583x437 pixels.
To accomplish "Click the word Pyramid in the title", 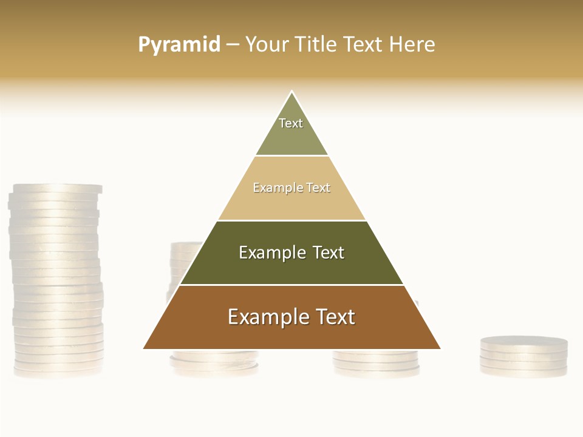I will (x=179, y=45).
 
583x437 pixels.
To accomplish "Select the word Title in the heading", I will (x=317, y=45).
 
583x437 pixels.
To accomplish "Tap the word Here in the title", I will (x=412, y=45).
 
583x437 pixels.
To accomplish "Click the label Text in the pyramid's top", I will (x=291, y=123).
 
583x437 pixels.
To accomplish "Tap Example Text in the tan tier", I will (x=291, y=188).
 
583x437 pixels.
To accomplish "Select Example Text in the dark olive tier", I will (x=291, y=252).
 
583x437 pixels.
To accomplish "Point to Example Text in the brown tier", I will (x=291, y=317).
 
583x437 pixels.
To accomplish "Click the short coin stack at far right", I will (x=523, y=357).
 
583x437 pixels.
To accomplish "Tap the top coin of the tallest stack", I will (x=56, y=189).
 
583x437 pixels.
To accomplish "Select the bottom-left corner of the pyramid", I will (x=145, y=348).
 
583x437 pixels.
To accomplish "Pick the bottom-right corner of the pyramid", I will (x=440, y=348).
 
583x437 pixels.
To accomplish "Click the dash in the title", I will (x=233, y=45).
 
